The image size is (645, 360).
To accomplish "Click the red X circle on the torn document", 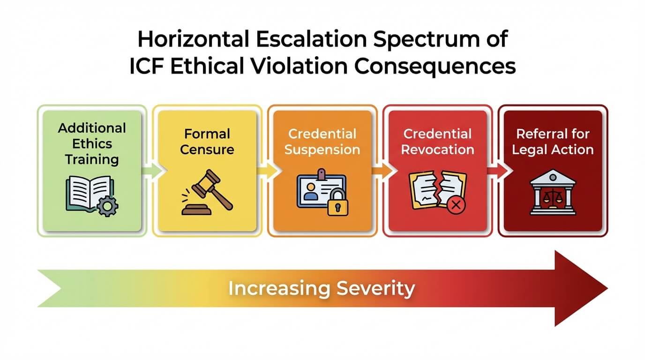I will (454, 205).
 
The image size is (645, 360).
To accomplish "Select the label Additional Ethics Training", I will (92, 143).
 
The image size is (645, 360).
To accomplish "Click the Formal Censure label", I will (207, 142).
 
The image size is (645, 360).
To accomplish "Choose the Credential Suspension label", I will (322, 142).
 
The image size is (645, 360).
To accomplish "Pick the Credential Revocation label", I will (437, 142).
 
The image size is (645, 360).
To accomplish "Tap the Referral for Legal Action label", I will (553, 142).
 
